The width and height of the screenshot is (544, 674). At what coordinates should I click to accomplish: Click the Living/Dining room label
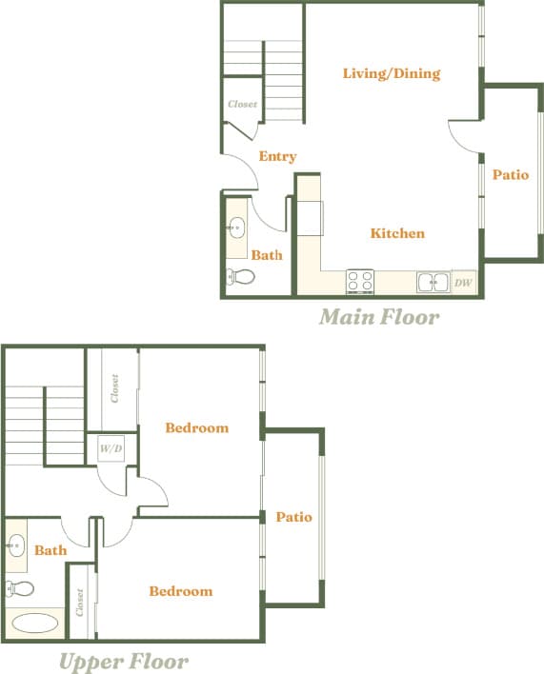391,73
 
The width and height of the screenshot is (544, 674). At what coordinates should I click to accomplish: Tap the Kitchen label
397,233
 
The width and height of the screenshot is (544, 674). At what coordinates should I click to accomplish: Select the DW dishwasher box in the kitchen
463,282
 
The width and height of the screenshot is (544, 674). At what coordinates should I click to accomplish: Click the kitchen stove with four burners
360,281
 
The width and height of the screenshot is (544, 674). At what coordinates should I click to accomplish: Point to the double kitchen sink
433,282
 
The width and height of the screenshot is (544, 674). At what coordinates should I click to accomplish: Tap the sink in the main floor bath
236,228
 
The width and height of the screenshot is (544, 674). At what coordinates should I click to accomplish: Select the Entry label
277,156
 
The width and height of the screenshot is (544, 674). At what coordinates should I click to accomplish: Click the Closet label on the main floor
242,104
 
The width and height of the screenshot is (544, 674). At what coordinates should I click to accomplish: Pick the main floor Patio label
510,175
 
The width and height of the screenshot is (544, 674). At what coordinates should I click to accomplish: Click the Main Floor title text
379,316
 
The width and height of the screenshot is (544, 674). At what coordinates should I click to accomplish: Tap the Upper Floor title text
124,661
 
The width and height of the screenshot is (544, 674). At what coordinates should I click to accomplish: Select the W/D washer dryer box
110,447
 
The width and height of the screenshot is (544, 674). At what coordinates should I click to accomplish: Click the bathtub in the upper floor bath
35,624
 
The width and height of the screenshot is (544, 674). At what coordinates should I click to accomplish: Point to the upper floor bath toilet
19,587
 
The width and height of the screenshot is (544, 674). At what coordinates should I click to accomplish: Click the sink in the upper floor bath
16,545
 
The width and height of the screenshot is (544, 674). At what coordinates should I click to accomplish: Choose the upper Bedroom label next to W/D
196,427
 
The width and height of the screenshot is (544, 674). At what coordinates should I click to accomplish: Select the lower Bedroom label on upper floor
180,591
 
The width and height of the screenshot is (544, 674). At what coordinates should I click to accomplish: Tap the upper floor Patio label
293,517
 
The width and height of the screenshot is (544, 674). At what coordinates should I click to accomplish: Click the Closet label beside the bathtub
81,602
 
